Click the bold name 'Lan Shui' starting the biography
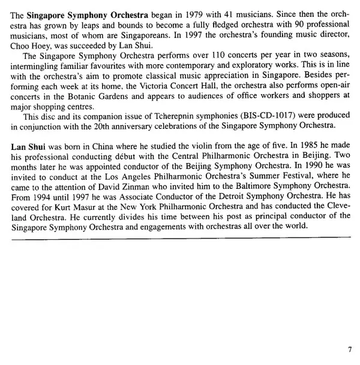coord(29,147)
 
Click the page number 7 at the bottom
coord(350,349)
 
